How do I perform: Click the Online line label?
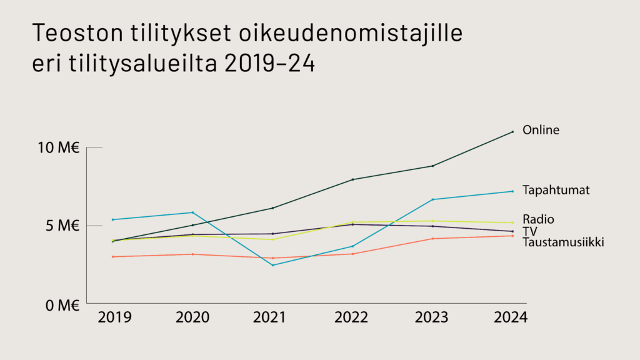[x=541, y=130]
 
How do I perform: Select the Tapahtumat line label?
[x=556, y=189]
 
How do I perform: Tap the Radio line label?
[x=538, y=219]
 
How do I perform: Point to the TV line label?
[x=530, y=231]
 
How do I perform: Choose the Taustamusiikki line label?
[x=563, y=242]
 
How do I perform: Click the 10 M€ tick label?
[x=58, y=148]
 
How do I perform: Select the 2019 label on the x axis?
[x=114, y=317]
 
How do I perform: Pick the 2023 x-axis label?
[x=432, y=317]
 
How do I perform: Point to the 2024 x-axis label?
[x=511, y=317]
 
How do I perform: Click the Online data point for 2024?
[x=512, y=132]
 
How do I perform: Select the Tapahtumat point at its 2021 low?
[x=272, y=265]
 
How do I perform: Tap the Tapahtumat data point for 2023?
[x=432, y=199]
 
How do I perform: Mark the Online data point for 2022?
[x=352, y=179]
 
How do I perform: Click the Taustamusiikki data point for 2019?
[x=112, y=257]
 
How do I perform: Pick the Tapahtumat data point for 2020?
[x=192, y=212]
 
